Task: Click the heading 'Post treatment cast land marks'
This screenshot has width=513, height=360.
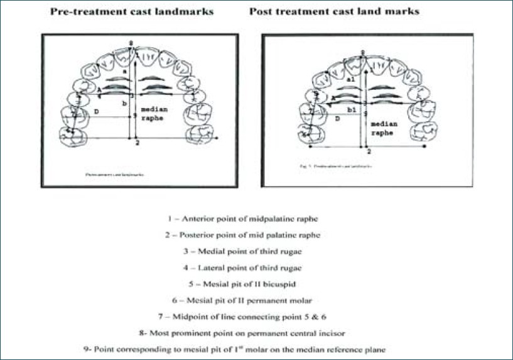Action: tap(334, 11)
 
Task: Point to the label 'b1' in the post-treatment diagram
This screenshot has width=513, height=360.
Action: tap(352, 109)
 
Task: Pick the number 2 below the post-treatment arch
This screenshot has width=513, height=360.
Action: tap(369, 151)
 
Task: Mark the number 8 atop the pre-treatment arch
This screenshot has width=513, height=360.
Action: tap(131, 42)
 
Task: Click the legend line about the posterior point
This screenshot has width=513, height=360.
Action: tap(256, 234)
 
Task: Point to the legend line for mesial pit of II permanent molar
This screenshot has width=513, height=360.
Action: tap(256, 300)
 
